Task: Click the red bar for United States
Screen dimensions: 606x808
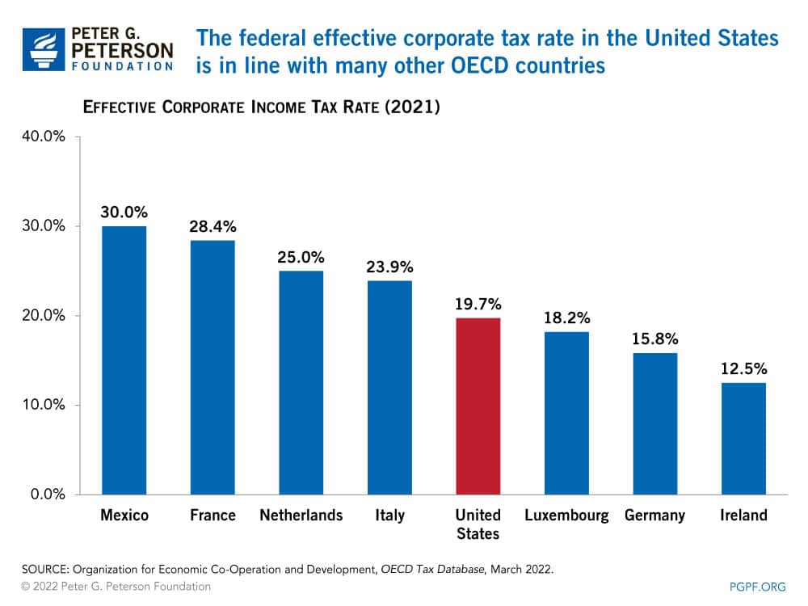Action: [x=478, y=406]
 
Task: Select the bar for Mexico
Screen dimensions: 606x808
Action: [x=124, y=360]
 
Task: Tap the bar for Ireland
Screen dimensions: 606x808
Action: [x=743, y=438]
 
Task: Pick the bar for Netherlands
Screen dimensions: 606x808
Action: [x=301, y=382]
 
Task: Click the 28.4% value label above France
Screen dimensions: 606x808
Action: [x=213, y=226]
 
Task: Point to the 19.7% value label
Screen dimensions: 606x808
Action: [x=478, y=304]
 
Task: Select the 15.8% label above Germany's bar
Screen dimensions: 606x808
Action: [x=655, y=339]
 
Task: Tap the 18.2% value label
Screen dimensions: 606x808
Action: [x=566, y=318]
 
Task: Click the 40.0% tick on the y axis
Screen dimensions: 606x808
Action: [x=42, y=137]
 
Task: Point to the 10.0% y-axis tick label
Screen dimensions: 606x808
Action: [x=42, y=405]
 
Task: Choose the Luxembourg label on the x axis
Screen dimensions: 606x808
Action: [x=566, y=516]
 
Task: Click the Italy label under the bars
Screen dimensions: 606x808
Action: [x=389, y=516]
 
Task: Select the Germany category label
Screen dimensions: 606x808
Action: [x=654, y=516]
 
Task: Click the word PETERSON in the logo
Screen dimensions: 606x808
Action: [x=122, y=50]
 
